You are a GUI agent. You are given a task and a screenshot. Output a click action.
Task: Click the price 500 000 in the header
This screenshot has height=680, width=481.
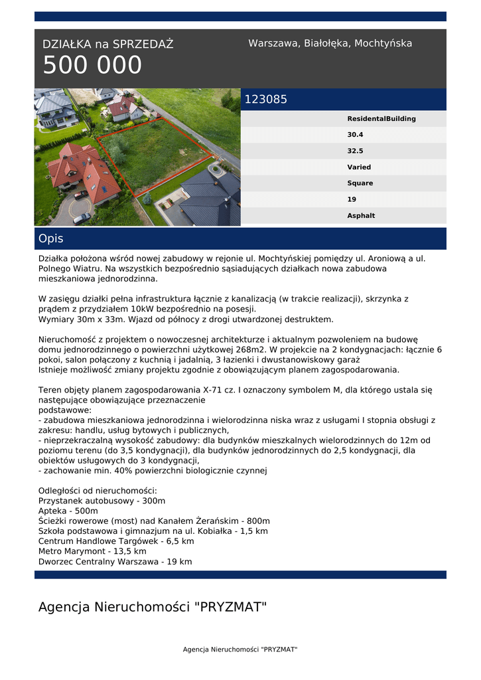point(92,66)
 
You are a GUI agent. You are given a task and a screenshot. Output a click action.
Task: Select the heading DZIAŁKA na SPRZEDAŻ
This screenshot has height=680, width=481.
point(107,44)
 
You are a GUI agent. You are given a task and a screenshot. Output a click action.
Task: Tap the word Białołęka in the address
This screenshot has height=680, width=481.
point(326,43)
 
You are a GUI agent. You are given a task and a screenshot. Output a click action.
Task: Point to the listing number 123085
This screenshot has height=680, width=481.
point(266,100)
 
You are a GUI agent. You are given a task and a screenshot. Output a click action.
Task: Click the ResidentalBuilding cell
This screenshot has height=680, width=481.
point(381,119)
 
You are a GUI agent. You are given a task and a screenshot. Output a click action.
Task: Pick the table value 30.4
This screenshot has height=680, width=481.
point(355,135)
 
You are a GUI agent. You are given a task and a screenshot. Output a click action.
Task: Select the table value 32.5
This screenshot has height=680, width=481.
point(355,151)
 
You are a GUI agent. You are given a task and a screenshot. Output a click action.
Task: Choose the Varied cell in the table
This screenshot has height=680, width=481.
point(359,167)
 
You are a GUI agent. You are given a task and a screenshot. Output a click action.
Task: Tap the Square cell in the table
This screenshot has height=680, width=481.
point(360,183)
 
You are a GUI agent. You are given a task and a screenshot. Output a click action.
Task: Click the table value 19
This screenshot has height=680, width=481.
point(352,199)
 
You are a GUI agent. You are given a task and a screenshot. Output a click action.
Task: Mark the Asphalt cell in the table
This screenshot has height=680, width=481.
point(361,216)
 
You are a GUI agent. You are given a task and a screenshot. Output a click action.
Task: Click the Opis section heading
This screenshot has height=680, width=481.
point(51,239)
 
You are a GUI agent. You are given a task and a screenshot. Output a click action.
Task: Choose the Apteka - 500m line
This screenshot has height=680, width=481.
point(68,511)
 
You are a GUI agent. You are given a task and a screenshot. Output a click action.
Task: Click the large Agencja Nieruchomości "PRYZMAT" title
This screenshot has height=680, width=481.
point(153,607)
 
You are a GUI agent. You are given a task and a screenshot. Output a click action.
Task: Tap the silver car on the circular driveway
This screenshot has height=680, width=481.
point(82,218)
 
